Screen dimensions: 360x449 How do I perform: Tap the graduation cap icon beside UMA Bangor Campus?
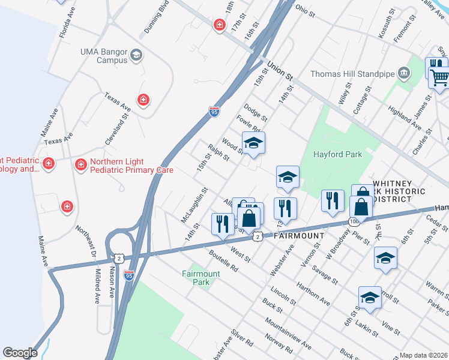click(136, 56)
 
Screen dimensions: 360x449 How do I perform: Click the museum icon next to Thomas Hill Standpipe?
click(404, 74)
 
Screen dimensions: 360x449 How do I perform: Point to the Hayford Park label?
click(338, 154)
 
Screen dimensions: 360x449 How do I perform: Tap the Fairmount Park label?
click(201, 278)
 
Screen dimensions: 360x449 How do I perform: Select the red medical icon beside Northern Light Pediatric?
click(80, 164)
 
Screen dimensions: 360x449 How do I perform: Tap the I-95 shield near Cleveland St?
click(214, 111)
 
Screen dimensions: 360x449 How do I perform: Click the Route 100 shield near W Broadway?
click(352, 222)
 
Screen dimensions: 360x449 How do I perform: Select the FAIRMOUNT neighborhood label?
click(299, 236)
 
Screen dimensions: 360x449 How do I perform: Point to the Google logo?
click(20, 353)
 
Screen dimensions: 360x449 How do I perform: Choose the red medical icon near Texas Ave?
click(143, 100)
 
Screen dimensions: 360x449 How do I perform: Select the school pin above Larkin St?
click(370, 298)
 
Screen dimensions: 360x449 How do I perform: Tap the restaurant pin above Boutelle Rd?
click(223, 223)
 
